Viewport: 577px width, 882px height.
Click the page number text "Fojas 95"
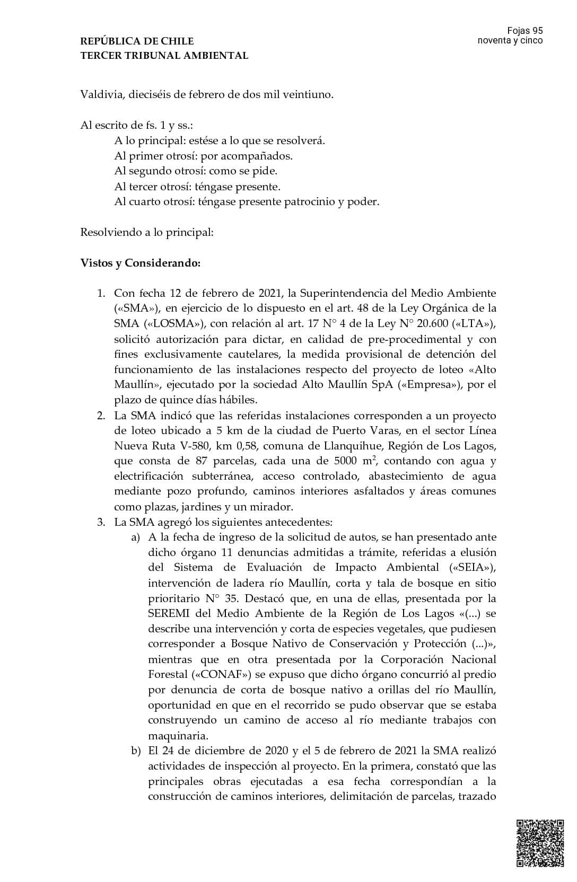(524, 31)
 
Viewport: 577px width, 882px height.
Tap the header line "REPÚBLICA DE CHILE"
(137, 41)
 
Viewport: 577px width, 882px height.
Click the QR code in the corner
(540, 843)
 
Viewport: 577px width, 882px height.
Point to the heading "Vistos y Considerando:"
(140, 263)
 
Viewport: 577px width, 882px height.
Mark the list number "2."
(101, 416)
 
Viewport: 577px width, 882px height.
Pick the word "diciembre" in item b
(214, 751)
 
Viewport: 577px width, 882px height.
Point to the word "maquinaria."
(178, 736)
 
